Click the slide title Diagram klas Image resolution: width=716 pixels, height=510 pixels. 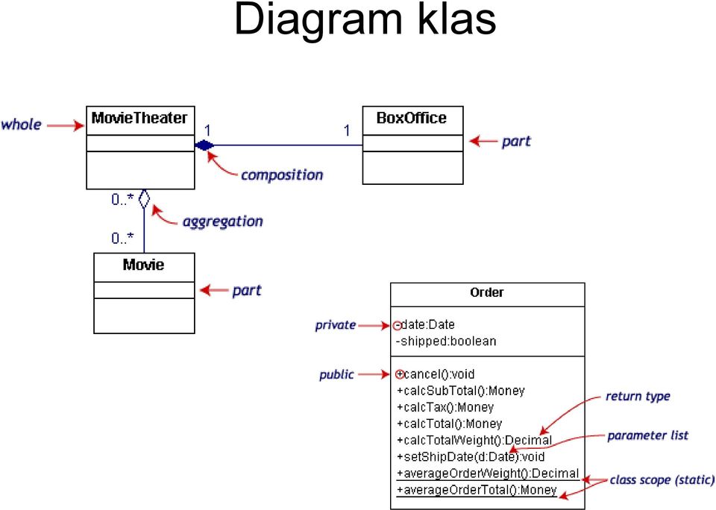pos(365,21)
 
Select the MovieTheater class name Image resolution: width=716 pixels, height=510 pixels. pos(139,119)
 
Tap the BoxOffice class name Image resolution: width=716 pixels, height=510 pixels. pos(412,119)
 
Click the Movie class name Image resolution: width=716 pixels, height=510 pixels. pos(143,265)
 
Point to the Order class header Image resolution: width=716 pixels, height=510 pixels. pos(487,292)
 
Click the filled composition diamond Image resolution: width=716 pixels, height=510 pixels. pos(204,145)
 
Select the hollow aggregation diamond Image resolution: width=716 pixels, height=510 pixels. pos(144,198)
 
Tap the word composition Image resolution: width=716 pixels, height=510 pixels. pos(282,175)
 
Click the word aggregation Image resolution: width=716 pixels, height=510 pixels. pos(223,222)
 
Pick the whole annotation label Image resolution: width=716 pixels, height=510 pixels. pos(21,125)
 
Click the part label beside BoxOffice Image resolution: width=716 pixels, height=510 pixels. pos(516,142)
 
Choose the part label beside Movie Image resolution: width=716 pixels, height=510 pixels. pos(247,291)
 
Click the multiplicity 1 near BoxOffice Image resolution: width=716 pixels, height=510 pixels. pos(347,130)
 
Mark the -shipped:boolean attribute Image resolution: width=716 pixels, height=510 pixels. pos(446,341)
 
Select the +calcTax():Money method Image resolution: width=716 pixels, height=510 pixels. pos(445,407)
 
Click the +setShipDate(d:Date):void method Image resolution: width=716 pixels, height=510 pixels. pos(471,456)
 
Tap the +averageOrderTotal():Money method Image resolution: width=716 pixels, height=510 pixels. pos(477,490)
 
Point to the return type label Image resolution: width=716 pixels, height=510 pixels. pos(638,397)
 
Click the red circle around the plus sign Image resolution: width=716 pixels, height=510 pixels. pos(400,374)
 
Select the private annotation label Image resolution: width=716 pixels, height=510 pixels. pos(335,325)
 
